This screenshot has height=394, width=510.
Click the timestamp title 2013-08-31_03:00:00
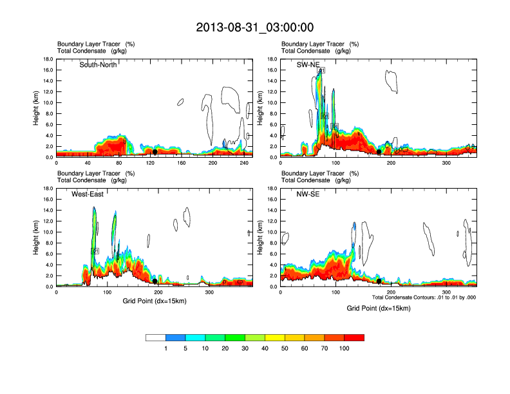[255, 28]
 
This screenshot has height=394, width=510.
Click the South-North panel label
[98, 64]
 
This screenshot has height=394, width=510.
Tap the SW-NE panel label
[308, 64]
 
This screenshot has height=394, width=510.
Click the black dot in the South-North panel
[155, 152]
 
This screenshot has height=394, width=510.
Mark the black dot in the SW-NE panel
[379, 152]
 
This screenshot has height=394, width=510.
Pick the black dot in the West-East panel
[155, 281]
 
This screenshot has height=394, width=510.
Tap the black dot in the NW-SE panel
[379, 281]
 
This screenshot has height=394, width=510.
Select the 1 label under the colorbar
[166, 348]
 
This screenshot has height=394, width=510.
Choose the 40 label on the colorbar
[265, 348]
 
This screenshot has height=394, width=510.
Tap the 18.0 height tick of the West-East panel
[47, 189]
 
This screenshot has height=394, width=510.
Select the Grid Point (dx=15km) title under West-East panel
[155, 301]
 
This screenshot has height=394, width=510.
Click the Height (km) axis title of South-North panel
[36, 108]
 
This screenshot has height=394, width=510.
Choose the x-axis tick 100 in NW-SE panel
[335, 293]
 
